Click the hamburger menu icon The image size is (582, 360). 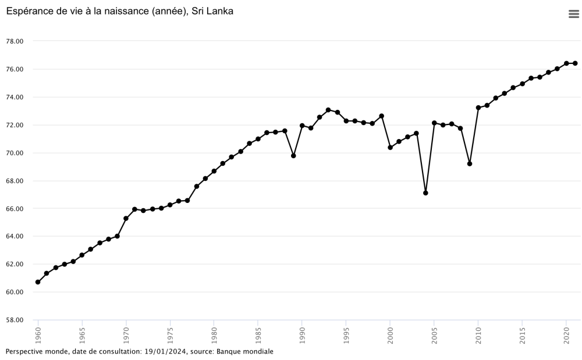pos(574,15)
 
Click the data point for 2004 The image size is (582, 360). pos(425,193)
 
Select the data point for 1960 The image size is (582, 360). pos(38,282)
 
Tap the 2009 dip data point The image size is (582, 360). pos(470,163)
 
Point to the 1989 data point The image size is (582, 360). pos(293,156)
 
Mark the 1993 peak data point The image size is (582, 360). pos(328,110)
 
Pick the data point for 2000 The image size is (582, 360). pos(390,148)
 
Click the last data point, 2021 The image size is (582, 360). pos(575,63)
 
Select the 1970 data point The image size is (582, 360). pos(126,219)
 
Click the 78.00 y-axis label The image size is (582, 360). pos(15,41)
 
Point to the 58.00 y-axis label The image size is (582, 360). pos(15,320)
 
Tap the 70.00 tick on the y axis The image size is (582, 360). pos(15,153)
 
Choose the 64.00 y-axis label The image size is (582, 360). pos(15,236)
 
